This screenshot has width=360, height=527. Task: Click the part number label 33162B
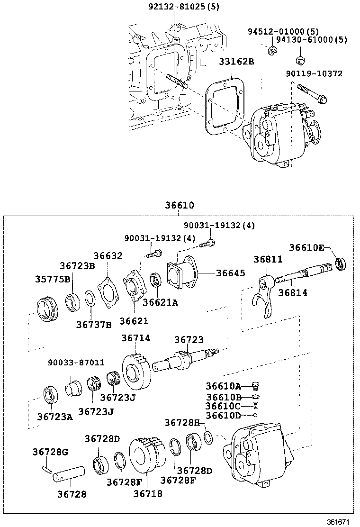click(236, 62)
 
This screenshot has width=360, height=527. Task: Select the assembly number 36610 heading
click(180, 206)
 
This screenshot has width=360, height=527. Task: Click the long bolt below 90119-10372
click(313, 94)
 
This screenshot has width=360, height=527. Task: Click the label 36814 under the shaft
click(293, 293)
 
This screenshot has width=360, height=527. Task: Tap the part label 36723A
click(55, 417)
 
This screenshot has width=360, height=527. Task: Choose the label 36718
click(148, 493)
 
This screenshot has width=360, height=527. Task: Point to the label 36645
click(231, 273)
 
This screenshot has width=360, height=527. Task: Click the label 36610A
click(223, 386)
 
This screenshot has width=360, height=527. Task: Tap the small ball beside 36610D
click(255, 415)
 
